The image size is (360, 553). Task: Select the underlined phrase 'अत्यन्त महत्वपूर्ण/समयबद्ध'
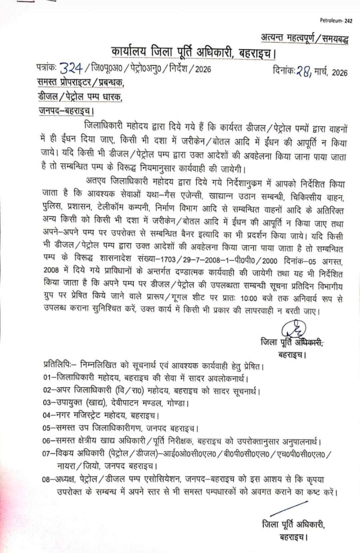pyautogui.click(x=304, y=39)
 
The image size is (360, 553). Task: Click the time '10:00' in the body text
pyautogui.click(x=248, y=299)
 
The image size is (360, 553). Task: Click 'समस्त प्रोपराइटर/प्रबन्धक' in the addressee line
pyautogui.click(x=80, y=82)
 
